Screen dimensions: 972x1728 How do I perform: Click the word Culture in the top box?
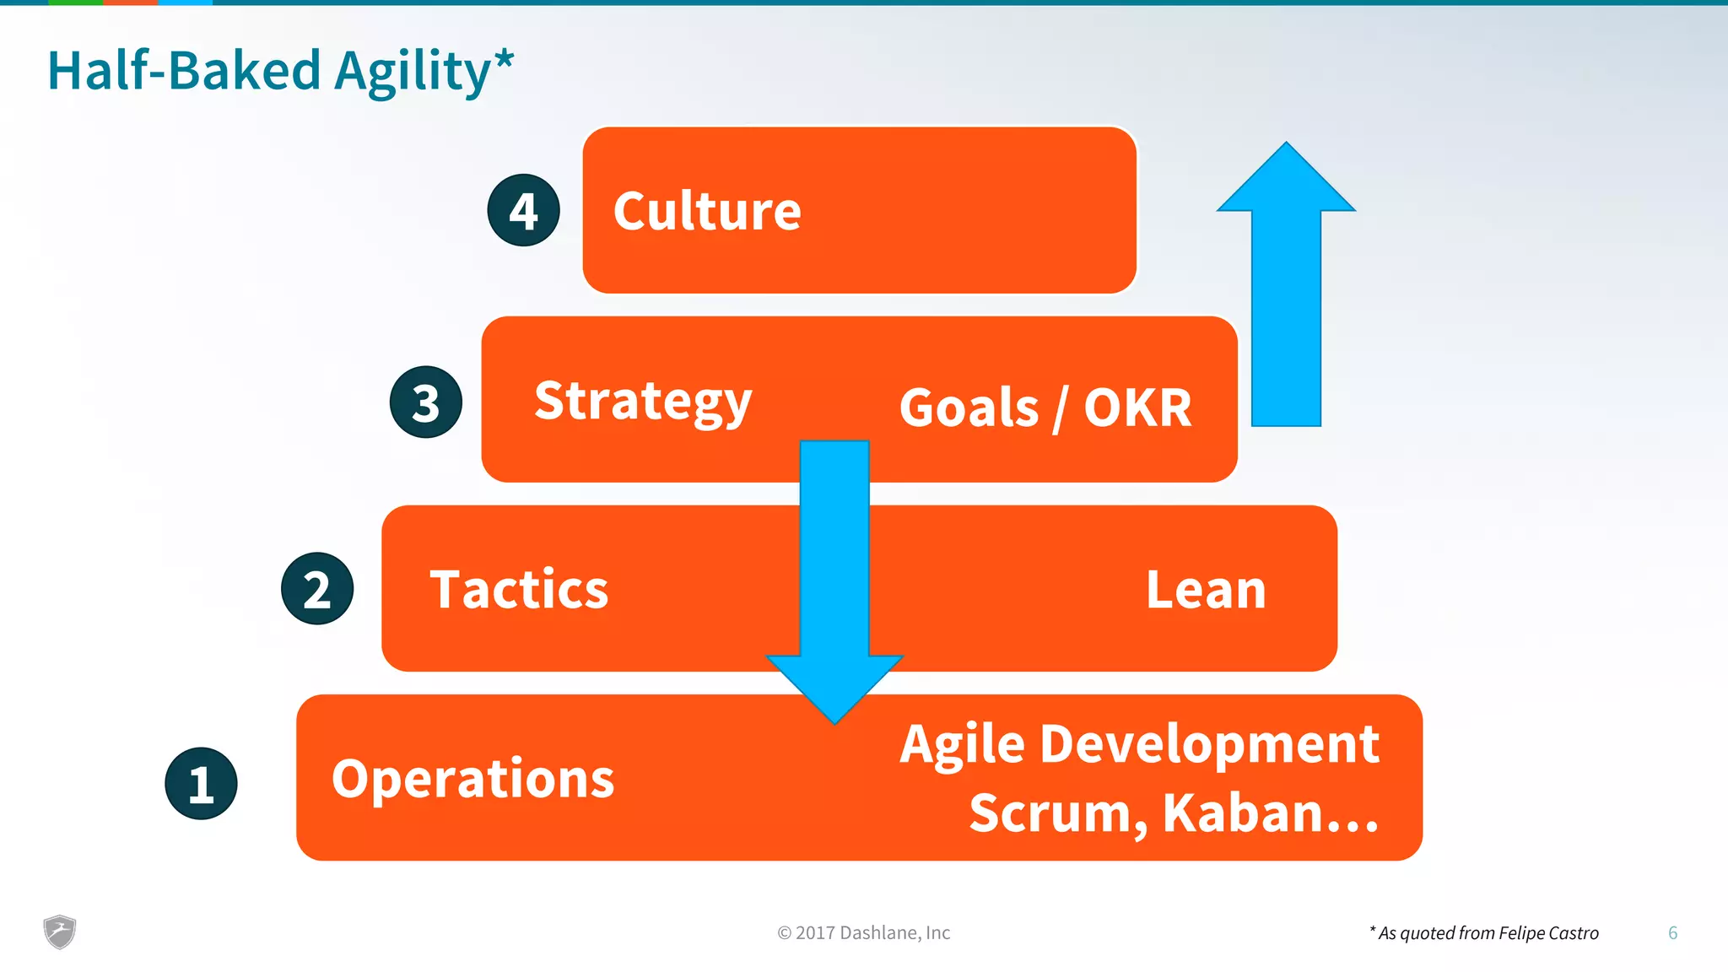click(707, 211)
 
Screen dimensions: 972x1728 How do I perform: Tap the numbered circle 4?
click(523, 210)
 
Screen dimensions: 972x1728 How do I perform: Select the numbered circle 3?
click(425, 402)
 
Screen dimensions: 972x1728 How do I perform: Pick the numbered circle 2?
click(317, 589)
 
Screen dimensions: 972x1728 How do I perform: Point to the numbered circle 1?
click(201, 783)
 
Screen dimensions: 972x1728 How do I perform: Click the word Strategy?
click(643, 402)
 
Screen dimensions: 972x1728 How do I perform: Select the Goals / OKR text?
click(1045, 408)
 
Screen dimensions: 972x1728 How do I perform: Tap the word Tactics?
click(519, 589)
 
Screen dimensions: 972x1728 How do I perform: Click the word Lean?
click(1206, 589)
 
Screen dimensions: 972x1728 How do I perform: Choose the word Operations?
click(472, 778)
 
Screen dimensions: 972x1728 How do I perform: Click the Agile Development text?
click(1139, 744)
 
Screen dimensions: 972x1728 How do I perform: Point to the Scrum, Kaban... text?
click(1173, 813)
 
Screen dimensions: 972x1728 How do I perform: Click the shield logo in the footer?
click(60, 931)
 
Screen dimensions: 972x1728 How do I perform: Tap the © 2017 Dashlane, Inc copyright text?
click(863, 932)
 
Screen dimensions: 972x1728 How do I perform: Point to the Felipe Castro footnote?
click(1484, 932)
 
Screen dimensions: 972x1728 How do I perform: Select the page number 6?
click(1672, 932)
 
